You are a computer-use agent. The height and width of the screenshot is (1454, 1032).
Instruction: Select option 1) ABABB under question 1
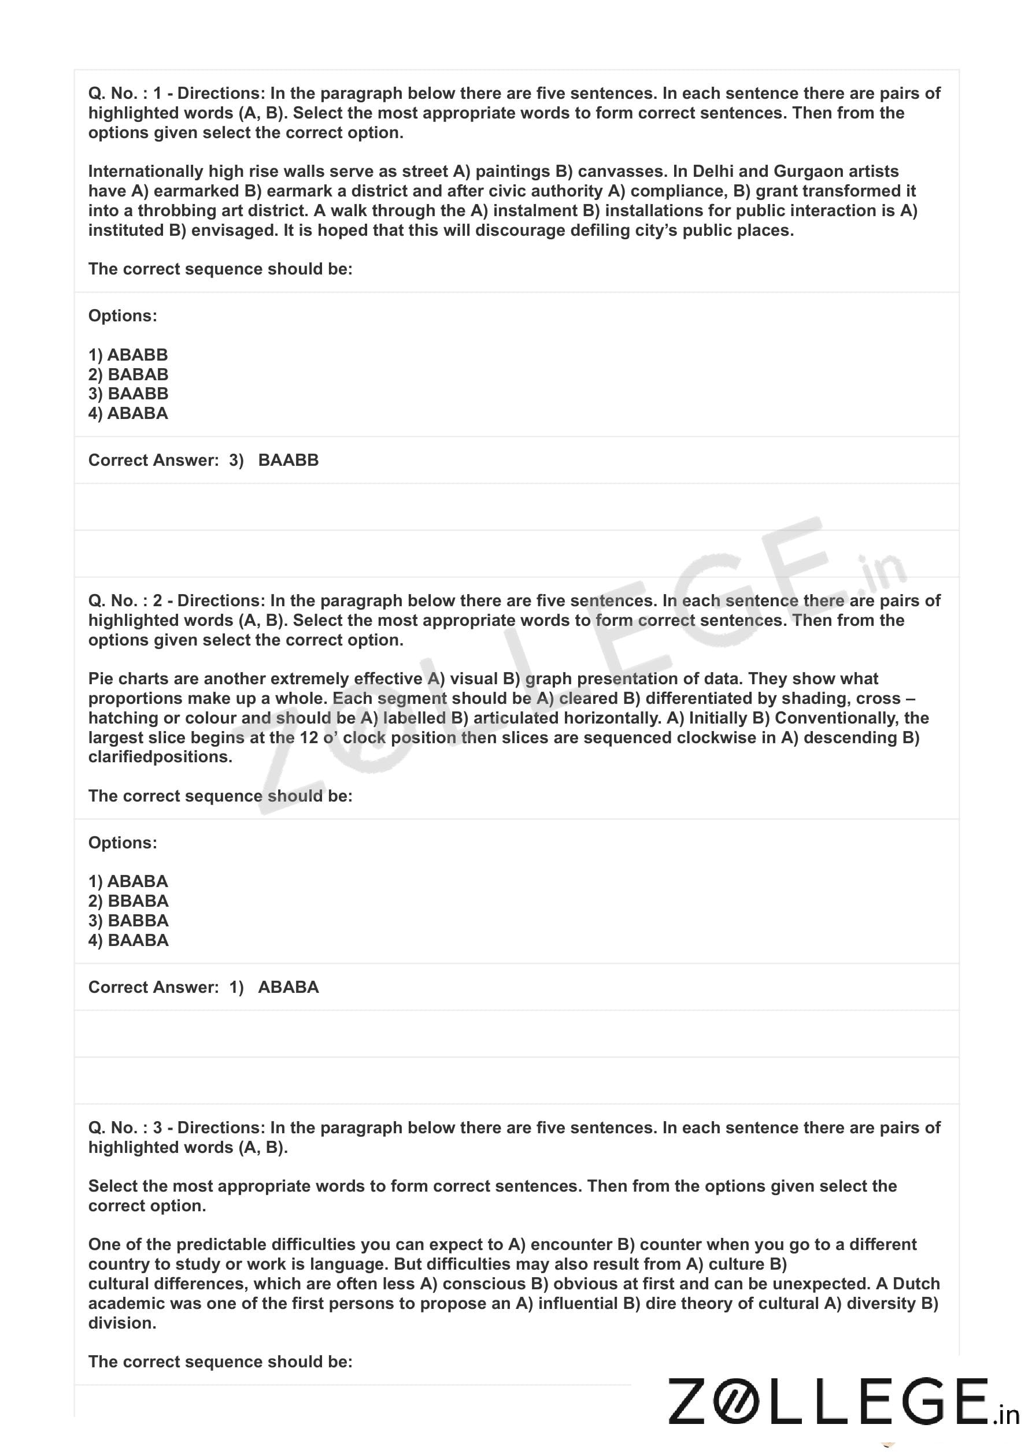(128, 354)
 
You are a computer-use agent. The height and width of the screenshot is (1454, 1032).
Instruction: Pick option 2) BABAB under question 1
(128, 374)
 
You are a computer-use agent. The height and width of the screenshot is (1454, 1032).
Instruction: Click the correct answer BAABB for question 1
(288, 460)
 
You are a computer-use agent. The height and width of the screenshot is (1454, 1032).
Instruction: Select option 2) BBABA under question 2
(128, 901)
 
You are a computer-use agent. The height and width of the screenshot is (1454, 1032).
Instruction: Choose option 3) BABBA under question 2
(128, 921)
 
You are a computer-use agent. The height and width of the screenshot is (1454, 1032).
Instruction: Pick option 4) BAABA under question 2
(128, 940)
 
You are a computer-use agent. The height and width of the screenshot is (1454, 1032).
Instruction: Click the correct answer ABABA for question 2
(288, 987)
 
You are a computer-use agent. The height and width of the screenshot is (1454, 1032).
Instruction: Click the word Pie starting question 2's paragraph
(101, 678)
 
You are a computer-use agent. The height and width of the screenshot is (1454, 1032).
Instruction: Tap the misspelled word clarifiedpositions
(160, 757)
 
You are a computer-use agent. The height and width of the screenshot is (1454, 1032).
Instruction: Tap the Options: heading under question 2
(123, 843)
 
